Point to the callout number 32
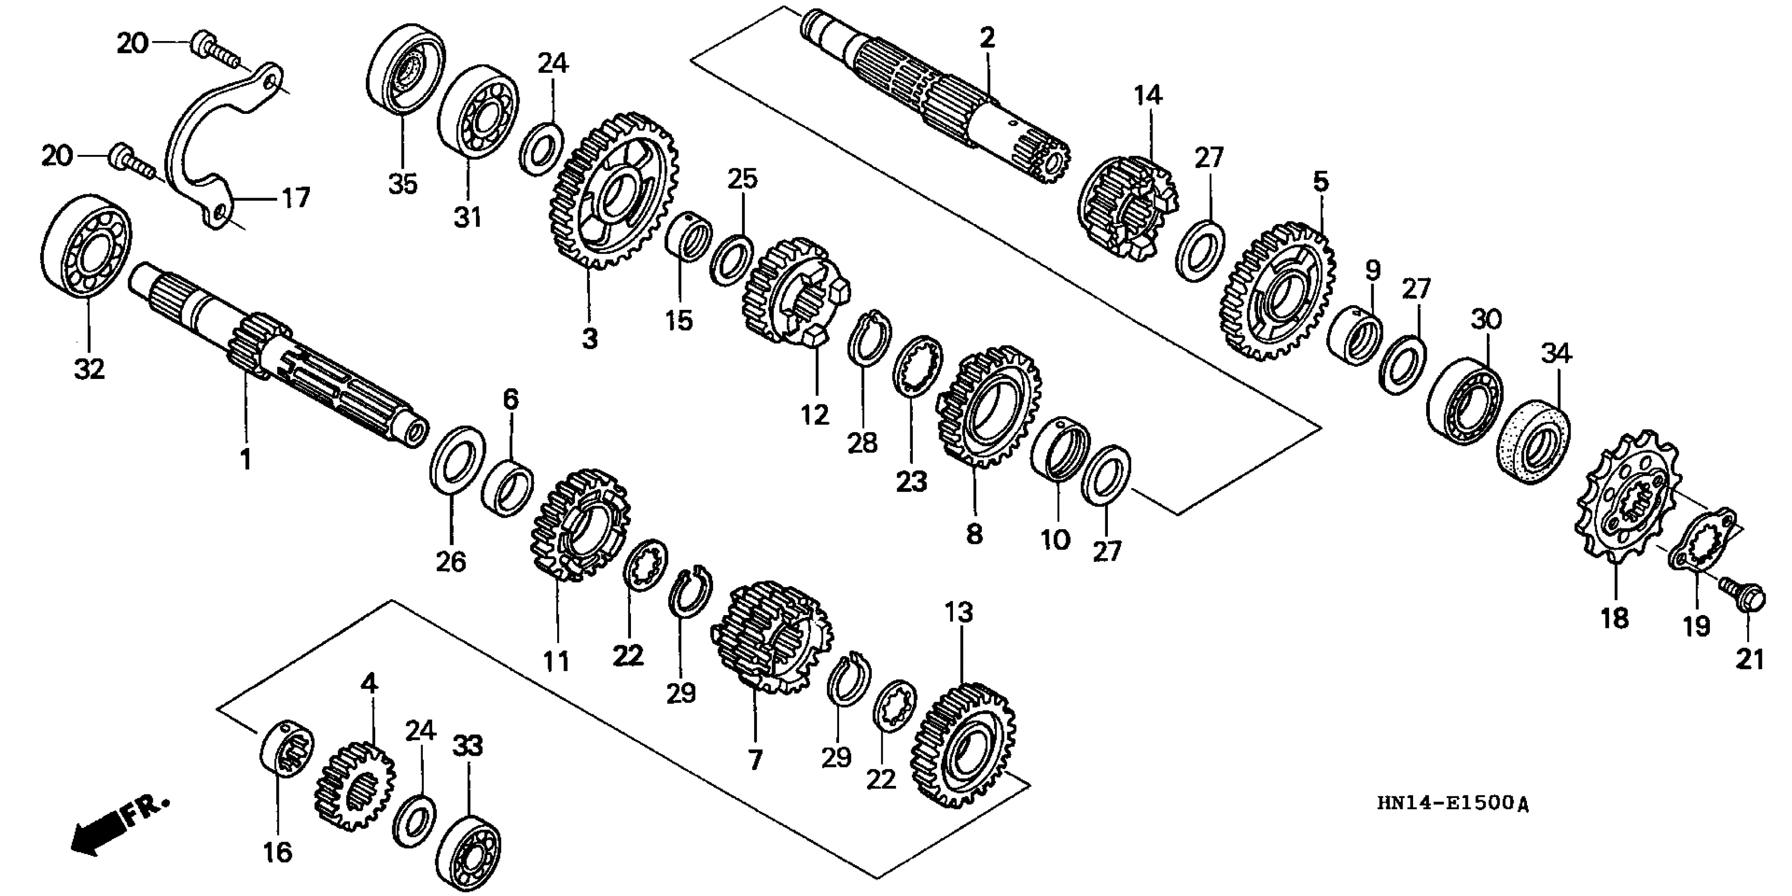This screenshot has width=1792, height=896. pos(90,369)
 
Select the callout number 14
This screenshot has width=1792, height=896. pos(1148,95)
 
